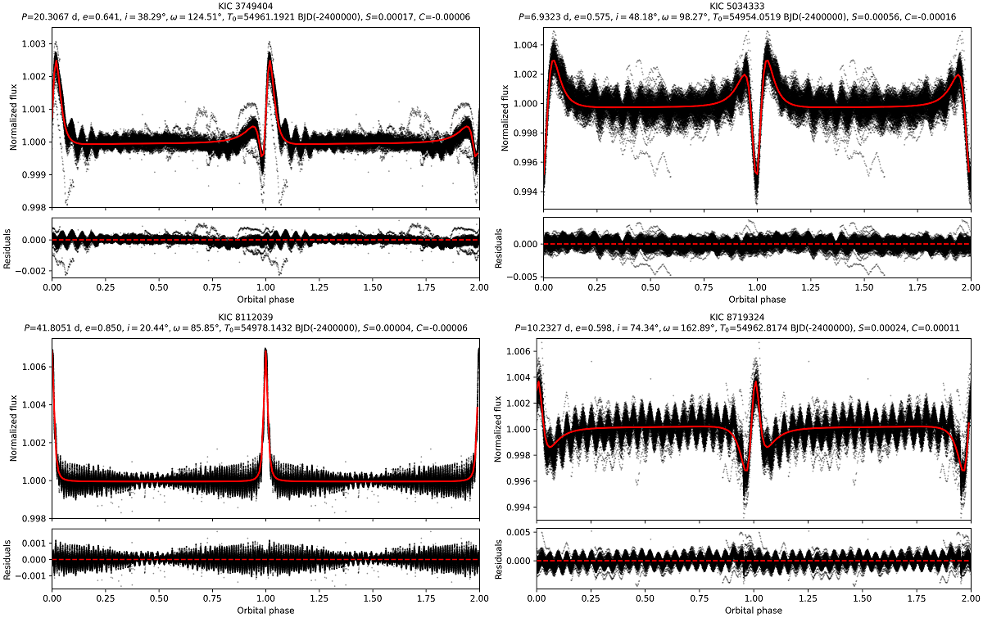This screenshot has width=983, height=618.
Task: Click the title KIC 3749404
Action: pyautogui.click(x=265, y=6)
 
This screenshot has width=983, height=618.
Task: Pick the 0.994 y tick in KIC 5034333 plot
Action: pyautogui.click(x=525, y=192)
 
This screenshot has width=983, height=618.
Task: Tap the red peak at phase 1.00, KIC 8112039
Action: pyautogui.click(x=265, y=350)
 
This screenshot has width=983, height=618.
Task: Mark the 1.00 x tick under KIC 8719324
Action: pyautogui.click(x=754, y=598)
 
